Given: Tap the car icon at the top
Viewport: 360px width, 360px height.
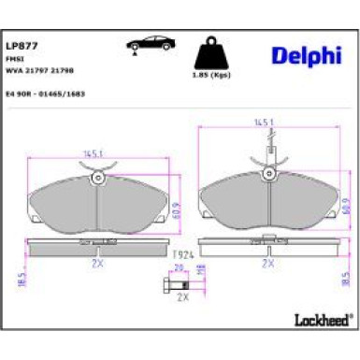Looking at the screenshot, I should [x=150, y=44].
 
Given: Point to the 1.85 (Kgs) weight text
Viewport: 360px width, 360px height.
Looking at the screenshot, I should [x=210, y=74].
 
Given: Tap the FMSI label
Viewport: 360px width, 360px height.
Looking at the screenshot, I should [x=14, y=58].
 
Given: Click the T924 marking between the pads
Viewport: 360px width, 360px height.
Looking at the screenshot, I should [x=182, y=253].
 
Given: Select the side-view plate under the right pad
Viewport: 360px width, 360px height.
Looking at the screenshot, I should [x=269, y=247].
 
